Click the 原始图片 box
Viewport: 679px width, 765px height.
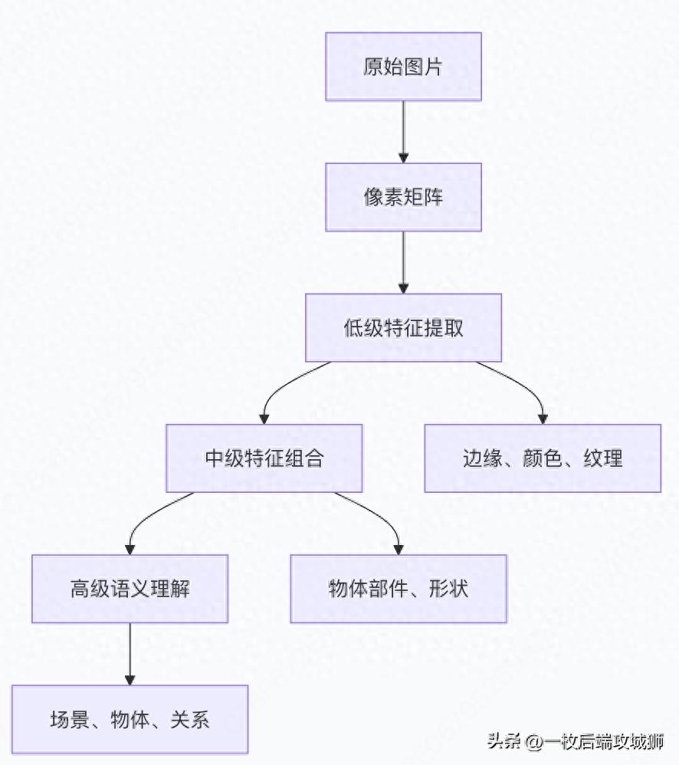pyautogui.click(x=403, y=67)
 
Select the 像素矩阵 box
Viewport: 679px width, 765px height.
pyautogui.click(x=403, y=197)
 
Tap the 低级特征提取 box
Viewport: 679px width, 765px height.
pyautogui.click(x=403, y=327)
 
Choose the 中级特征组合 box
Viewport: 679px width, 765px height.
pyautogui.click(x=264, y=458)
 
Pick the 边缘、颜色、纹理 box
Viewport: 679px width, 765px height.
pyautogui.click(x=543, y=458)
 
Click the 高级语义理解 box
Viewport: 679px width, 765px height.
pyautogui.click(x=130, y=589)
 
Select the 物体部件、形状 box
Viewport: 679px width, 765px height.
pyautogui.click(x=399, y=589)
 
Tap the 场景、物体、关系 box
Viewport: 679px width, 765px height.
pyautogui.click(x=130, y=720)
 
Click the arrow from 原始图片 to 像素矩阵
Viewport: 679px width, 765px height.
pyautogui.click(x=403, y=131)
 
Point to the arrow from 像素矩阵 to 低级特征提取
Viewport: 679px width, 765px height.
pyautogui.click(x=403, y=261)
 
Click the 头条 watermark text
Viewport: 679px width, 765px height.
pyautogui.click(x=504, y=742)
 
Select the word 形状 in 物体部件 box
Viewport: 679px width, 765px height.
pyautogui.click(x=448, y=589)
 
